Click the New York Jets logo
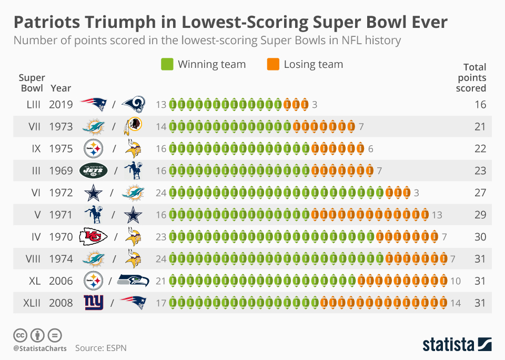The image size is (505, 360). click(93, 170)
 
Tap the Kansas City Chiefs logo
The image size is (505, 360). click(93, 237)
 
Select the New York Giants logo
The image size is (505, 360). click(94, 303)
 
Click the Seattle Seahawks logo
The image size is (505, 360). click(133, 281)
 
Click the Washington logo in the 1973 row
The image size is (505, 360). click(133, 126)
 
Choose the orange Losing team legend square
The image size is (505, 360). click(272, 65)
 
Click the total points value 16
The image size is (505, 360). click(480, 105)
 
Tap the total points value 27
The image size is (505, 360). click(480, 193)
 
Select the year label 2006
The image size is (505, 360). click(61, 281)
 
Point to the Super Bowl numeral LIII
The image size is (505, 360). click(33, 105)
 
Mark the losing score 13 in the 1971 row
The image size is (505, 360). click(437, 215)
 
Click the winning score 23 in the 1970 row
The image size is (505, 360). click(161, 237)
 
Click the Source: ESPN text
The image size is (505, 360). click(100, 348)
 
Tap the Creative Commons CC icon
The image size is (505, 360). click(20, 335)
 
